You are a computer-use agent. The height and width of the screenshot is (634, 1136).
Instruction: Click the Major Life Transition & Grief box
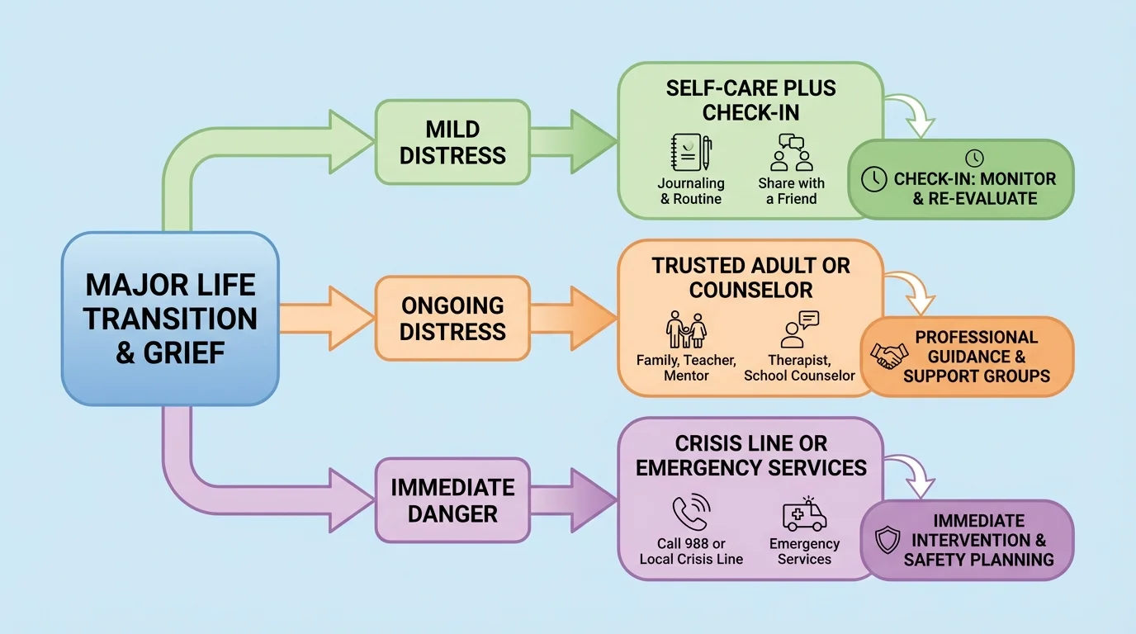[170, 319]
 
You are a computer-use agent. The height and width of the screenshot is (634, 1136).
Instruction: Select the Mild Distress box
[452, 142]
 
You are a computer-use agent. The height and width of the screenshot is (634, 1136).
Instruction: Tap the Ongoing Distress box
[452, 319]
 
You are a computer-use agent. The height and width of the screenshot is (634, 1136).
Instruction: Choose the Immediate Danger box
[452, 500]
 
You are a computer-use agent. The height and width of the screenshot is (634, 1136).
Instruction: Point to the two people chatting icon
[791, 153]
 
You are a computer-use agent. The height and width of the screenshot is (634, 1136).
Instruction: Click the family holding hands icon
[686, 330]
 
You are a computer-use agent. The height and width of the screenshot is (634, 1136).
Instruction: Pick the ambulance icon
[804, 515]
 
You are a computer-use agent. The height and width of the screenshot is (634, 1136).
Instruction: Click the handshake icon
[888, 356]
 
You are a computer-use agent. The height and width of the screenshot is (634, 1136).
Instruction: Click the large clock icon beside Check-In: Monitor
[873, 179]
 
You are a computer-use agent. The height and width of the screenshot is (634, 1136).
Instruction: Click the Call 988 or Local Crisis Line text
[691, 551]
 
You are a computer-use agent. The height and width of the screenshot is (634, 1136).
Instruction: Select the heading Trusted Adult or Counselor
[750, 277]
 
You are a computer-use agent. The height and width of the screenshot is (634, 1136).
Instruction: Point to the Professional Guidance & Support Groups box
[968, 357]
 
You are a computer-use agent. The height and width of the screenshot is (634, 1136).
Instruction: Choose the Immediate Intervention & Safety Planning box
[968, 540]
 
